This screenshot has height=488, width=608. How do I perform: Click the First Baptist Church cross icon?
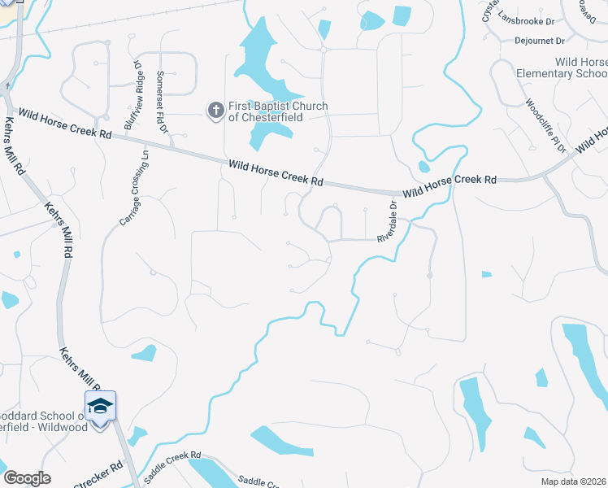click(x=215, y=111)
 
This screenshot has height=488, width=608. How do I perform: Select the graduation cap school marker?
click(x=100, y=406)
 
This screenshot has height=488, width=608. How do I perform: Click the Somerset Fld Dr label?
click(x=162, y=101)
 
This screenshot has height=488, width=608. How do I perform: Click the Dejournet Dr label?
click(x=539, y=40)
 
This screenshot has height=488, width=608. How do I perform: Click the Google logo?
click(x=27, y=478)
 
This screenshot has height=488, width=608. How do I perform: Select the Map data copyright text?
click(x=572, y=481)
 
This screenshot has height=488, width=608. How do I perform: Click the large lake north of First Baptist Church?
click(x=260, y=61)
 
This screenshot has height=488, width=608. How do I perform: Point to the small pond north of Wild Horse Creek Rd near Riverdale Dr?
click(x=423, y=168)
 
